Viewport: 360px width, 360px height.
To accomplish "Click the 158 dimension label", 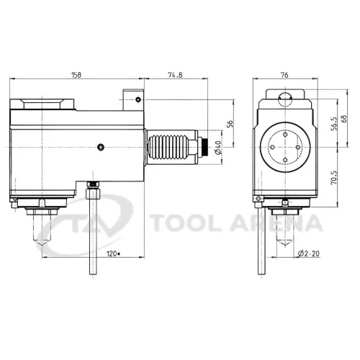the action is (x=76, y=75).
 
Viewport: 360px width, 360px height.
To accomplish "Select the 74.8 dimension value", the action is (x=175, y=75).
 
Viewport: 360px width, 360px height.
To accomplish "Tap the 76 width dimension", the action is (x=284, y=75).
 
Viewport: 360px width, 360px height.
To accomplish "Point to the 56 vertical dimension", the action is (x=230, y=124).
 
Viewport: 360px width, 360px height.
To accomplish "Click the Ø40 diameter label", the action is (x=218, y=148).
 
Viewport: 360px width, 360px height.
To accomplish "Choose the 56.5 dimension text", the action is (x=334, y=123).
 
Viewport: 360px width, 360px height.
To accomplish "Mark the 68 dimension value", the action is (x=344, y=119).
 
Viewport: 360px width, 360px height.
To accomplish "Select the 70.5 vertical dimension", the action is (x=334, y=178).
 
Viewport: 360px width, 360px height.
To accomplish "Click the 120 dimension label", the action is (x=112, y=253).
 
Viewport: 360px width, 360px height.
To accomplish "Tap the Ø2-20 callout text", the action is (x=309, y=253).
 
